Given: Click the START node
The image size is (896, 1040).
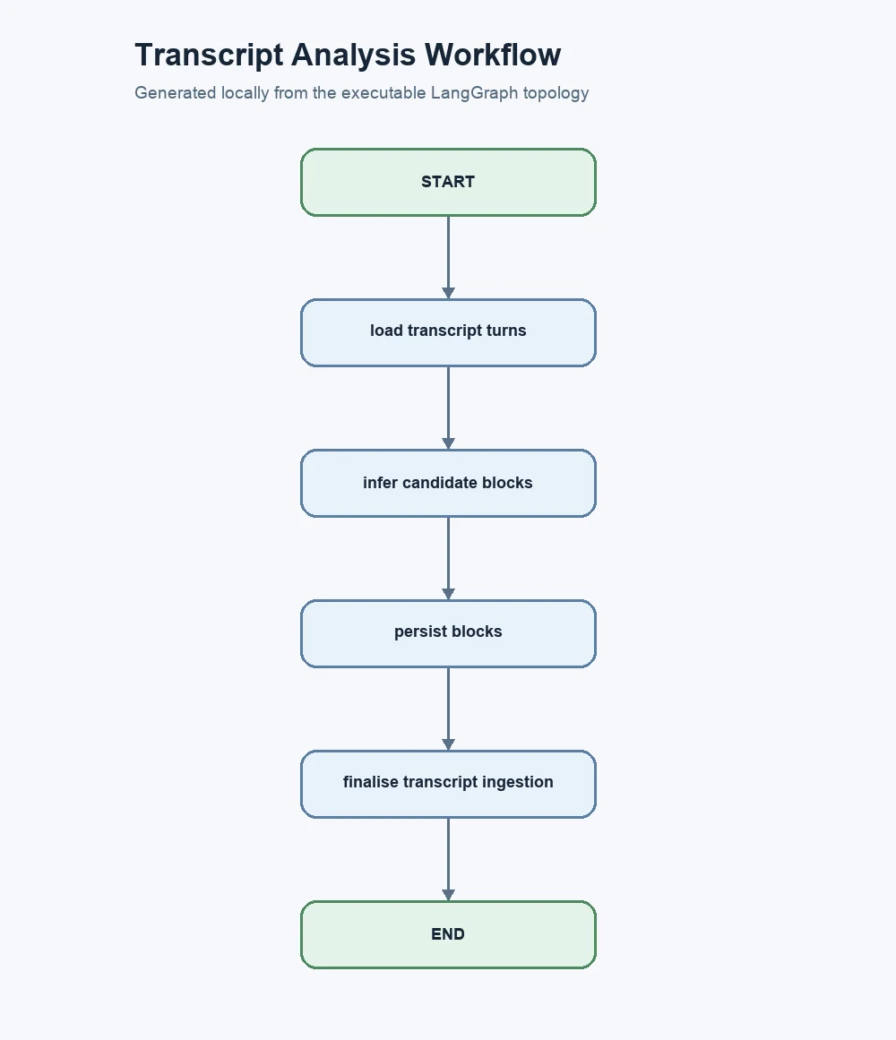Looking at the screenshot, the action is click(448, 183).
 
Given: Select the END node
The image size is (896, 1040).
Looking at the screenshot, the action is click(448, 934).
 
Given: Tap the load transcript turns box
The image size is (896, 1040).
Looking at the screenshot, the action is click(448, 333).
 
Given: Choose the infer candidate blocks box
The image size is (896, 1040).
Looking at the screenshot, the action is click(448, 484).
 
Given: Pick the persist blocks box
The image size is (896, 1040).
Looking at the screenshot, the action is click(448, 634).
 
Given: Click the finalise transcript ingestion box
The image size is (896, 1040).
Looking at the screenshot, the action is click(448, 785).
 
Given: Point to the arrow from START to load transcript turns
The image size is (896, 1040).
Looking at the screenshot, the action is click(448, 257).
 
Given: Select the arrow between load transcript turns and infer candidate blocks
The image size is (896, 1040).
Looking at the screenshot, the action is click(448, 408).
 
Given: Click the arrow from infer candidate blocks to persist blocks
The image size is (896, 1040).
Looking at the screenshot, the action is click(448, 558).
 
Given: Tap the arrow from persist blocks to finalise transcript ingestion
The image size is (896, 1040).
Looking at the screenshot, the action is click(448, 709).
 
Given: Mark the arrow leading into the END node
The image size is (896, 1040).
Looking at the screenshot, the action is click(448, 860).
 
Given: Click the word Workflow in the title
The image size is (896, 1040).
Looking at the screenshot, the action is click(493, 55).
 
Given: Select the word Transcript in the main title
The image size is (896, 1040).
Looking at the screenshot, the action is click(209, 56).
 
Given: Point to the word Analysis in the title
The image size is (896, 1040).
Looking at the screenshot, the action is click(354, 56).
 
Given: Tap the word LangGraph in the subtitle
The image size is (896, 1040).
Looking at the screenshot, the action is click(474, 93).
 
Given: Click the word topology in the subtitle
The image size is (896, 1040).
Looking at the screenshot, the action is click(556, 93).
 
